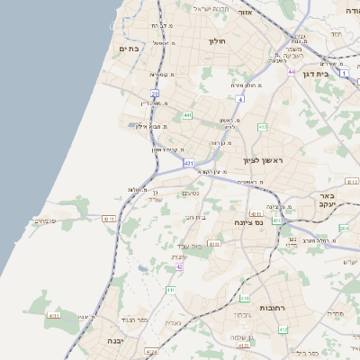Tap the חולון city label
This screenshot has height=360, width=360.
[x=218, y=41]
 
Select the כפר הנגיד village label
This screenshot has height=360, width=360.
[x=130, y=320]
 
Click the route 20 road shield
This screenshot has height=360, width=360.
[x=155, y=93]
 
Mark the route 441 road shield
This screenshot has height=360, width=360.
[x=187, y=116]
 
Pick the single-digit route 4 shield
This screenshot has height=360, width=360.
[x=240, y=98]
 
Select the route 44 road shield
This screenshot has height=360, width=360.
[x=291, y=72]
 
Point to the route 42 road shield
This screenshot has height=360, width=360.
[x=180, y=267]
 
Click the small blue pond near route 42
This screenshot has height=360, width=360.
[x=144, y=269]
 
